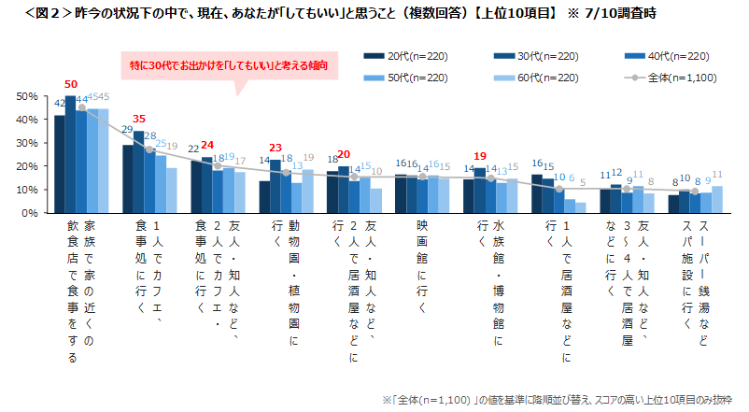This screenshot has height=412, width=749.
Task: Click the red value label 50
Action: (x=71, y=83)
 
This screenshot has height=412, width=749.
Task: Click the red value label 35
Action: (x=139, y=120)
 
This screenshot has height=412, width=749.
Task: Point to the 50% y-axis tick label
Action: (x=26, y=96)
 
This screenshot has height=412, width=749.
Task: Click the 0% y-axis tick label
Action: (x=29, y=213)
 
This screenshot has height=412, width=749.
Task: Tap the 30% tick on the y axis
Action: (x=26, y=143)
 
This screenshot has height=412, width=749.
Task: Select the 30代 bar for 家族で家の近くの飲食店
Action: (x=71, y=154)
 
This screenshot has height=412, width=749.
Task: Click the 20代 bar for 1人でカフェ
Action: (x=128, y=178)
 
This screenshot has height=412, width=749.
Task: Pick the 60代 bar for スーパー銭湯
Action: (x=717, y=199)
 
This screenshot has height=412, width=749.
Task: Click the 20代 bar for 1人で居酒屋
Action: (x=537, y=193)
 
